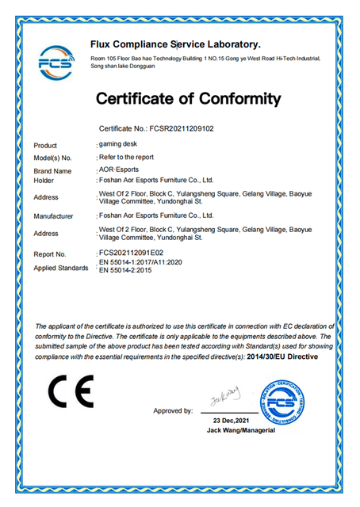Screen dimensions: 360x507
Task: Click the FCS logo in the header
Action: (55, 61)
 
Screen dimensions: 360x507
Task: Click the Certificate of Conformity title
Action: (188, 100)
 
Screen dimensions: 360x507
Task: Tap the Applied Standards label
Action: (61, 269)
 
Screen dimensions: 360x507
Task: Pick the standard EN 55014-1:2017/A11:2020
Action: (140, 261)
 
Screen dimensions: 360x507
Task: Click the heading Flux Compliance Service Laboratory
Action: (175, 44)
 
